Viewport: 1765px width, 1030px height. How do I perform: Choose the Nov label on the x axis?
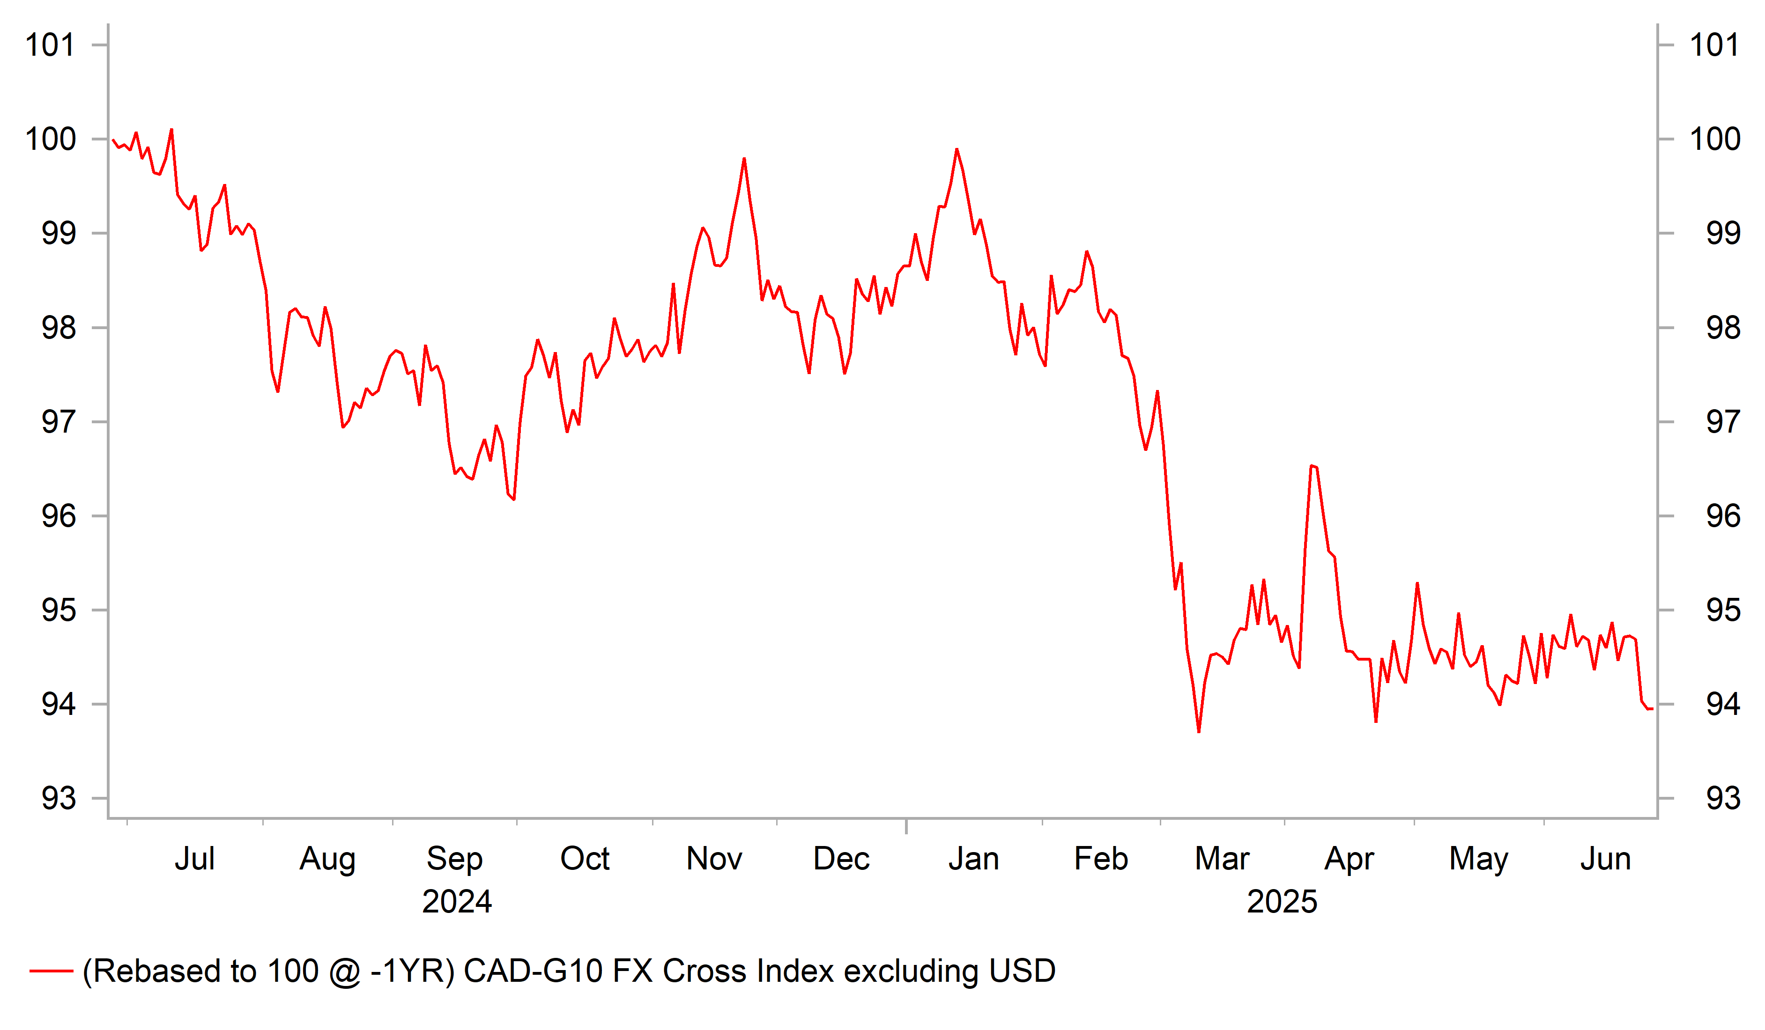[714, 859]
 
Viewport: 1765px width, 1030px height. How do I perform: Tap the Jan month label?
[973, 859]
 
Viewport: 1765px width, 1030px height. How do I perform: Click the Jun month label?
[1605, 859]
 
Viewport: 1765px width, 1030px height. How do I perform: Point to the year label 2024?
[457, 901]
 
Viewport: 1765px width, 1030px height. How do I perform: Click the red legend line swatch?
[51, 971]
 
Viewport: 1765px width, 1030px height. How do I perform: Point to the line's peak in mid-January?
[957, 149]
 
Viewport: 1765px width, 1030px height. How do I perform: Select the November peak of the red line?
[744, 159]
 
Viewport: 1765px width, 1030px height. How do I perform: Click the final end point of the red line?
[1652, 709]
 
